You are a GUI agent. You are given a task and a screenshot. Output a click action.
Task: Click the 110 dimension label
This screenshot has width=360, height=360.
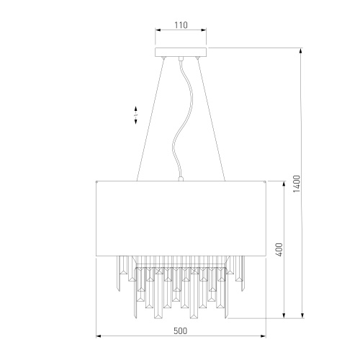pos(181,25)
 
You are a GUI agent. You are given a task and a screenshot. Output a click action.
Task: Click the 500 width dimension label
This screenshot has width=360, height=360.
pos(180,331)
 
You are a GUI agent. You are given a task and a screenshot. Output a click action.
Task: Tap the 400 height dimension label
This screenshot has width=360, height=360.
pos(279,250)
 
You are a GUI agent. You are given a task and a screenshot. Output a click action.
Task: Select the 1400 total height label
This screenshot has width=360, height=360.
pos(297,184)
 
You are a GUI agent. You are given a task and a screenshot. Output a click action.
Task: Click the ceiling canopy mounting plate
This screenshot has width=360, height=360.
pos(181,52)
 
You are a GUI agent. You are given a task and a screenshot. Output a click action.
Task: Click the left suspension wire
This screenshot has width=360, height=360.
pos(150,119)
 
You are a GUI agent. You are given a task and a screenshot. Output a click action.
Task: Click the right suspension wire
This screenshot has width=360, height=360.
pos(211,119)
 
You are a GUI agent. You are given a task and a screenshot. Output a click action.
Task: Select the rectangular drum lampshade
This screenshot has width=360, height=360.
pos(181,218)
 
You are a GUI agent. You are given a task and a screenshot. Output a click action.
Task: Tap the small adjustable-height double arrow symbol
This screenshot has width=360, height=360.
pos(135,115)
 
